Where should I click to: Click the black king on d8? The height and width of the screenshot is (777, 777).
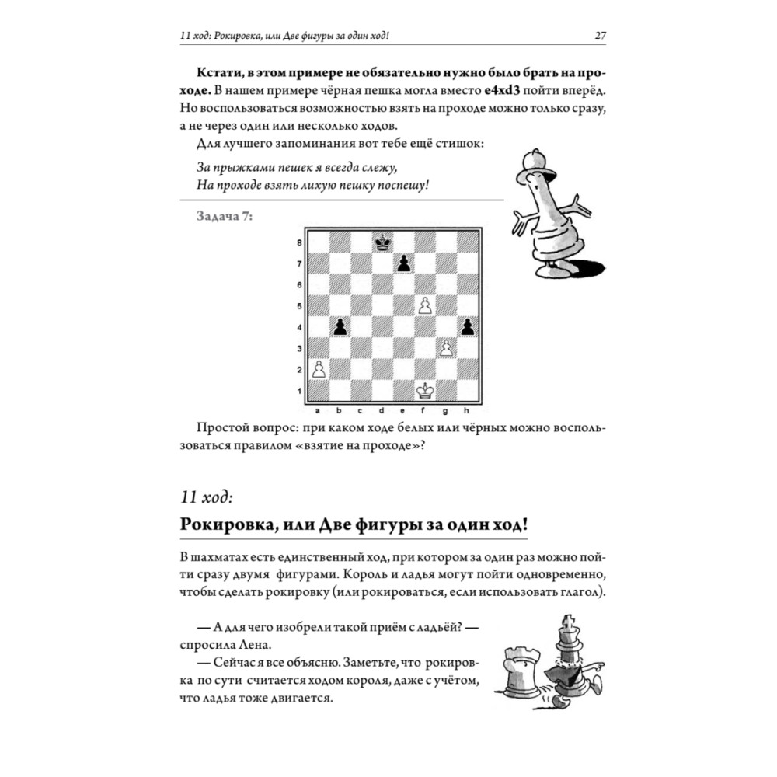pyautogui.click(x=382, y=243)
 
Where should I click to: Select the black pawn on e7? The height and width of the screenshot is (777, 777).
pyautogui.click(x=403, y=264)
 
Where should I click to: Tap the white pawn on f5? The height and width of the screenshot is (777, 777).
pyautogui.click(x=425, y=306)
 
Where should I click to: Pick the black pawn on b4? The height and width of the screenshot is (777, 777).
pyautogui.click(x=340, y=327)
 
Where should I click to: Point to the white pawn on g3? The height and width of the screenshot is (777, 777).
pyautogui.click(x=446, y=348)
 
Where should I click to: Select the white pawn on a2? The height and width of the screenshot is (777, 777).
pyautogui.click(x=318, y=369)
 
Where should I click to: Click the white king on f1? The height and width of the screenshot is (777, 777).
pyautogui.click(x=425, y=390)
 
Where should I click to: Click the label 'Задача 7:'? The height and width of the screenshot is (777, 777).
pyautogui.click(x=225, y=217)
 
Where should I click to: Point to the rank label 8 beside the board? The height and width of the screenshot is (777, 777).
pyautogui.click(x=299, y=243)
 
